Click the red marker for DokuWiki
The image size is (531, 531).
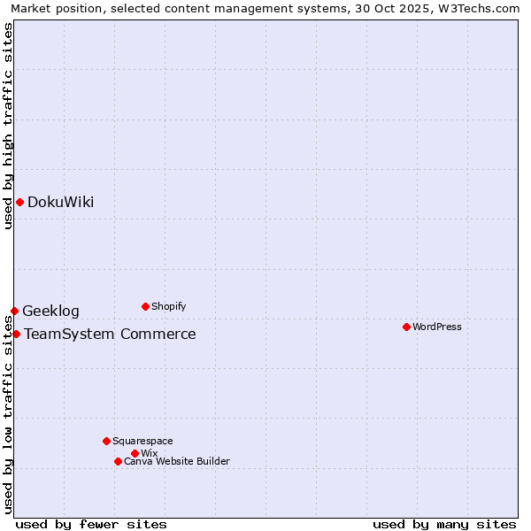coord(19,202)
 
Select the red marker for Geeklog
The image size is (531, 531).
coord(14,311)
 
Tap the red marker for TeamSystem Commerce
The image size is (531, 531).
coord(16,334)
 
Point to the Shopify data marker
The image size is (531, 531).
coord(145,306)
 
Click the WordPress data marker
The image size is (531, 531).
coord(406,327)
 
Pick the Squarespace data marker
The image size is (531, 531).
coord(106,441)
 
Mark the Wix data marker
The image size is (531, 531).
coord(135,453)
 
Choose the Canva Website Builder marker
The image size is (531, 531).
coord(118,461)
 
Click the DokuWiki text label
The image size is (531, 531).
coord(60,202)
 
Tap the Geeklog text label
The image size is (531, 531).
coord(50,311)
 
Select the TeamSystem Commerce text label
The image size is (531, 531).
coord(110,334)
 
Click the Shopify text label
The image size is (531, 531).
coord(168,306)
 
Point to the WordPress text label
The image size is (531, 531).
coord(437,327)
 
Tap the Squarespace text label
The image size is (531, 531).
coord(142,441)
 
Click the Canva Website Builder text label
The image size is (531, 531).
coord(176,461)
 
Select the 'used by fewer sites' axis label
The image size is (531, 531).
coord(91,524)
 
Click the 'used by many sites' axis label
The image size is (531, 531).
coord(444,524)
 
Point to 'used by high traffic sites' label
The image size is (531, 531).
coord(8,126)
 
